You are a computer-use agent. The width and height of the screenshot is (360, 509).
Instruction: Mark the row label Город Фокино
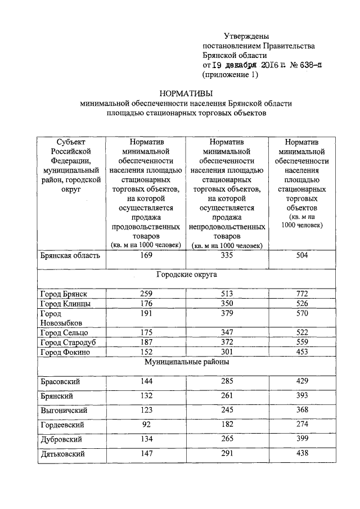65,352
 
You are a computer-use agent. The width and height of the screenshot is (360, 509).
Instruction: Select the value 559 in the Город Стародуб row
303,343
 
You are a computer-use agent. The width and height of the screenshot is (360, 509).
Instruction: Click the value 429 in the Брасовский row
303,381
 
